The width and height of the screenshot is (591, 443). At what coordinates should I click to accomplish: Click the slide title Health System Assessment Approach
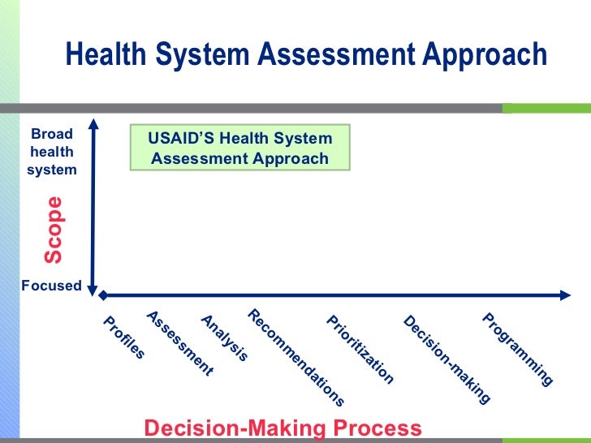click(306, 55)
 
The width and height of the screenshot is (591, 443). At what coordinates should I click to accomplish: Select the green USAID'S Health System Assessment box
click(239, 148)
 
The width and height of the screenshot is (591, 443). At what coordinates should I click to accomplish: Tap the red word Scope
click(54, 230)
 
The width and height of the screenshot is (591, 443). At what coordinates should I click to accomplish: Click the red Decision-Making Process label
click(283, 428)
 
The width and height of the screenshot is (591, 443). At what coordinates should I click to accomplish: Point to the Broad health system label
click(52, 152)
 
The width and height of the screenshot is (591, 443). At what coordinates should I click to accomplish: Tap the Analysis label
click(224, 338)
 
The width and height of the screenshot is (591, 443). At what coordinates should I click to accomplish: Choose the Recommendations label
click(296, 357)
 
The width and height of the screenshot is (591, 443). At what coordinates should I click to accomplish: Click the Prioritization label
click(360, 349)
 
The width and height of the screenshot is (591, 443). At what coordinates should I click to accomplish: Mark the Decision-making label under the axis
click(446, 359)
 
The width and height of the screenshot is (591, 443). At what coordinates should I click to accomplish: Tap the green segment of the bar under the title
click(546, 108)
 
